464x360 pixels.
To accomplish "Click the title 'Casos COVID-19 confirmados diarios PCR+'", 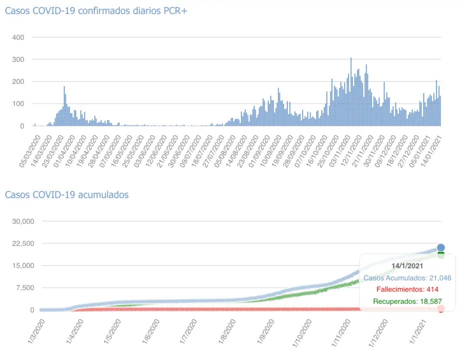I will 96,10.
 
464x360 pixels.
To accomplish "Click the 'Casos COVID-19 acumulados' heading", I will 66,194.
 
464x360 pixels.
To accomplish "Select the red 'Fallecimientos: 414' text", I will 407,289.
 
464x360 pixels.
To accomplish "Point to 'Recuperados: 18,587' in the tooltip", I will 407,301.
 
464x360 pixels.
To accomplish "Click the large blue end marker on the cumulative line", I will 441,247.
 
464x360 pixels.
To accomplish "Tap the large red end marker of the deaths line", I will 441,309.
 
